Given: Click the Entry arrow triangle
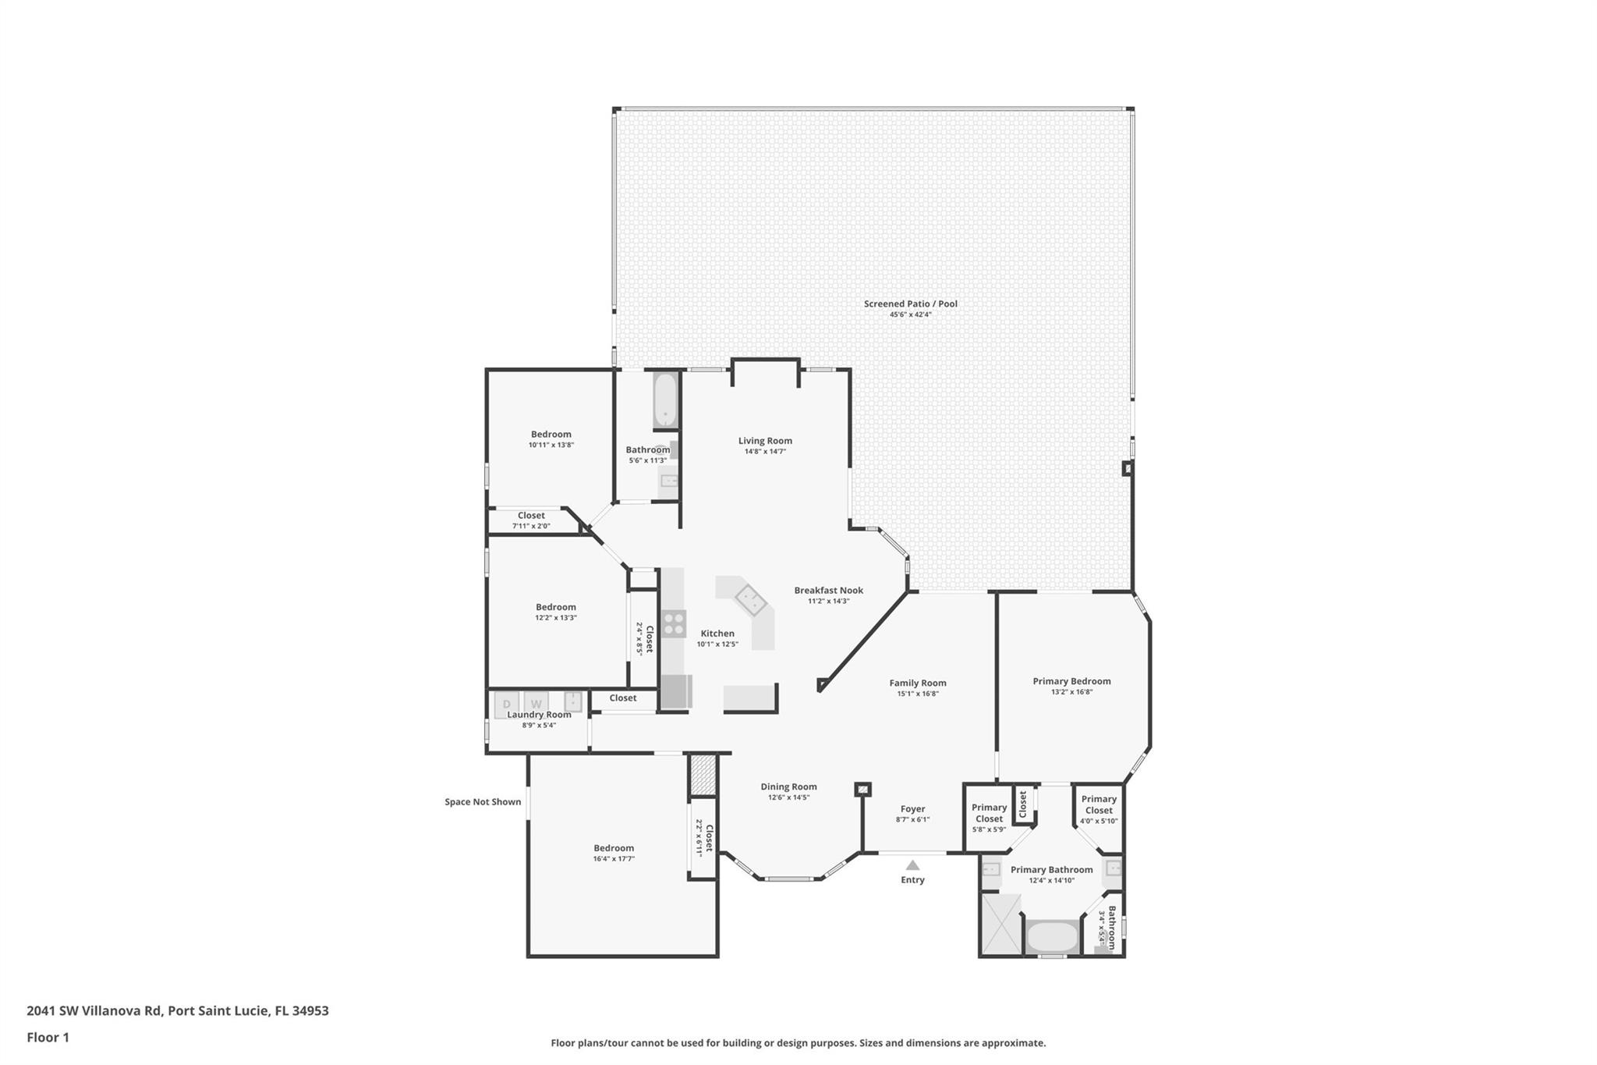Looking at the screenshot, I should tap(912, 865).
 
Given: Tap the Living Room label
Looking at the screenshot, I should tap(765, 441).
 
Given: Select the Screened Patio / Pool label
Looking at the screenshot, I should tap(910, 304).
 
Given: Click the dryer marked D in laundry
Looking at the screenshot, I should tap(506, 704).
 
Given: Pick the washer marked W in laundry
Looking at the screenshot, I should tap(536, 704).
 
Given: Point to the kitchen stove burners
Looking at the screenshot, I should tap(674, 623).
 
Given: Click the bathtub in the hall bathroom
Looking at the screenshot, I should tap(665, 401).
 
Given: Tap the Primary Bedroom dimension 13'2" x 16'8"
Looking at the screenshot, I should tap(1071, 692).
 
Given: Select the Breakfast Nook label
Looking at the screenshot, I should tap(828, 591).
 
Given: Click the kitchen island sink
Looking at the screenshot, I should tap(750, 599).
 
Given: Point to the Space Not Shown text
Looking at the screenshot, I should tap(483, 801).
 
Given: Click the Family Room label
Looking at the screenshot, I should tap(917, 683).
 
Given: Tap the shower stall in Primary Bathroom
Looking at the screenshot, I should tap(1000, 924).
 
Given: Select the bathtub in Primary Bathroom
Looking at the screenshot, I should tap(1051, 935).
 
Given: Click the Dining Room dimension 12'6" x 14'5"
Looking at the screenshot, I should tap(788, 797).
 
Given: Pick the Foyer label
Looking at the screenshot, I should tap(912, 809).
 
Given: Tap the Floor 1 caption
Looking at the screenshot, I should tap(48, 1037).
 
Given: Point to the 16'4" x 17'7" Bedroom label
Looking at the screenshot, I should tap(614, 848).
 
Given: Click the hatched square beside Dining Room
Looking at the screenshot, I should tap(703, 774).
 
